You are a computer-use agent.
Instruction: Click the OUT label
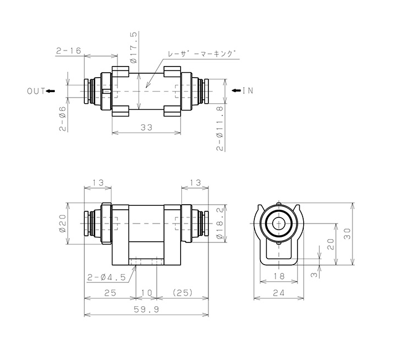pos(36,91)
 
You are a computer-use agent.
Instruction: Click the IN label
pos(248,90)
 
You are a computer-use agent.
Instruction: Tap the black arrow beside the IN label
pos(236,90)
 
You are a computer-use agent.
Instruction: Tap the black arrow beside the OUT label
pos(50,91)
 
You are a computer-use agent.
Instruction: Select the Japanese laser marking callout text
pos(202,54)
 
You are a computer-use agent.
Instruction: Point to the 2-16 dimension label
pos(68,50)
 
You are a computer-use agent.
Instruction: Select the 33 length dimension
pos(146,128)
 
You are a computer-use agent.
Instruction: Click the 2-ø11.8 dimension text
pos(219,128)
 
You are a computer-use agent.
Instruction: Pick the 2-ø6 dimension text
pos(62,119)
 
